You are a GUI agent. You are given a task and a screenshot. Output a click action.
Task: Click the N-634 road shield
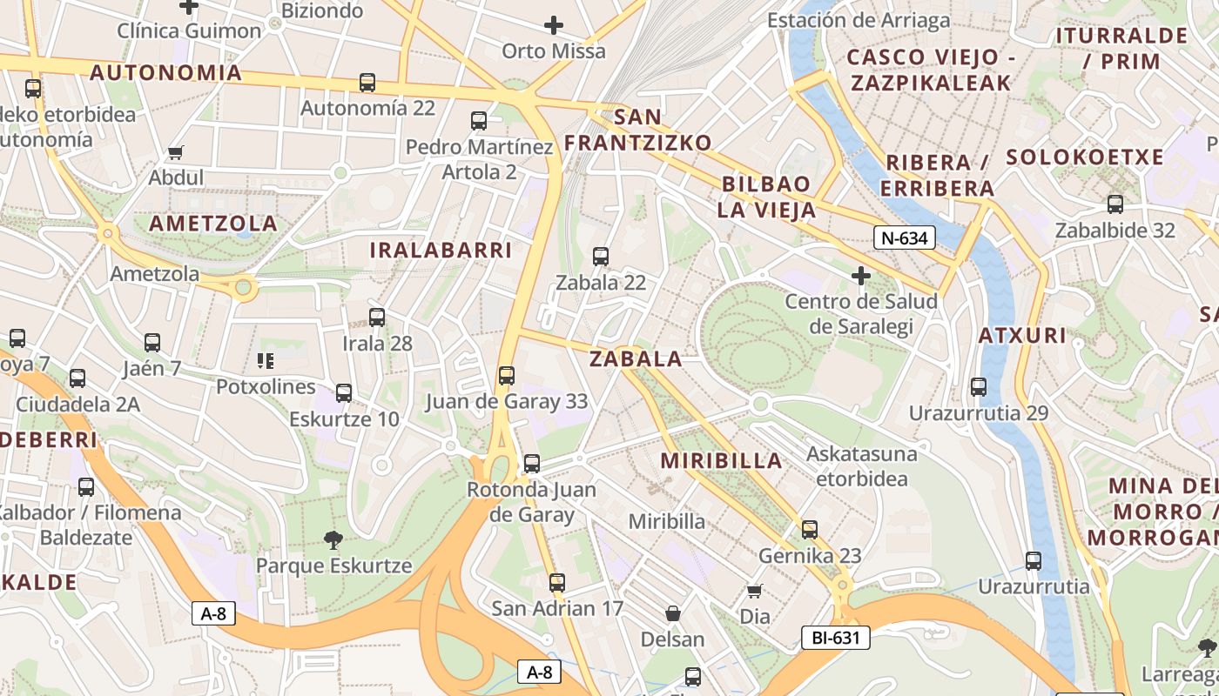905,238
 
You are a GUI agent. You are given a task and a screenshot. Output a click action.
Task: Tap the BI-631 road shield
835,638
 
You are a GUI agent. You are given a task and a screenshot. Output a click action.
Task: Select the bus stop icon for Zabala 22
601,257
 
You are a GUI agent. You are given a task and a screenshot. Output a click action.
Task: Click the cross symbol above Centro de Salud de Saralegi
861,276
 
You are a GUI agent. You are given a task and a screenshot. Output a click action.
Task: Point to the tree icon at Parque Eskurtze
333,540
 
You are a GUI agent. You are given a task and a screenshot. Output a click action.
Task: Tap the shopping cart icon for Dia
755,591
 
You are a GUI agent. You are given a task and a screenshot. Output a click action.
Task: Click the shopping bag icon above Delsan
672,613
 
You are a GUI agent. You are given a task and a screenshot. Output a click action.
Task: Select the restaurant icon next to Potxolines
266,360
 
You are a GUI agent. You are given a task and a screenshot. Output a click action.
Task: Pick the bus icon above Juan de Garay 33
507,376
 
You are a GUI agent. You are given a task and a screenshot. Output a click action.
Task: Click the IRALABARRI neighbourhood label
441,251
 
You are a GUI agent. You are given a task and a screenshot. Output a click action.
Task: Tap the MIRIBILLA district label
722,461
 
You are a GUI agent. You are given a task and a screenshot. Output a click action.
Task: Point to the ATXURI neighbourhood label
1022,335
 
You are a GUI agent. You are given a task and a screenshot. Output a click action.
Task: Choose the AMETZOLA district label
213,224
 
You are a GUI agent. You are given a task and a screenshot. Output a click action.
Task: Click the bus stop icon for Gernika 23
810,529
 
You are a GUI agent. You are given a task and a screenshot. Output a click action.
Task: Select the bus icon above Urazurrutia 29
979,387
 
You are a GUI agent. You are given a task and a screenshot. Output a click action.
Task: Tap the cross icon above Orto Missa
553,25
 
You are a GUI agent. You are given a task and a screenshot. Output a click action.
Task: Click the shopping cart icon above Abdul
176,152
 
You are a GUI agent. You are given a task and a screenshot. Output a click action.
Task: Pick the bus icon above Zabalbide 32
1115,204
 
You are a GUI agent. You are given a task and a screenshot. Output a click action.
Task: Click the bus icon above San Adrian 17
557,582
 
